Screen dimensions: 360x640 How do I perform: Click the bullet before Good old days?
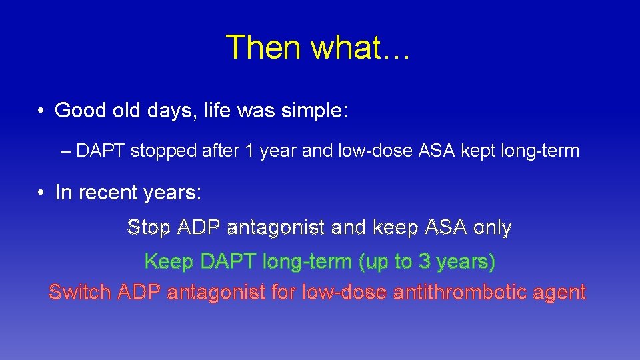[x=41, y=111]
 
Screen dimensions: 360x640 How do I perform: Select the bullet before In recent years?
[x=41, y=193]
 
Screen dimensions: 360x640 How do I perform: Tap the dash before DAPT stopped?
[x=65, y=151]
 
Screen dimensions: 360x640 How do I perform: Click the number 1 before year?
[x=249, y=151]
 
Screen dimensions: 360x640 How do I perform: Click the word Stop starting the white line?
[x=149, y=228]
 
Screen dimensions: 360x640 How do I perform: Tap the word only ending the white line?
[x=491, y=228]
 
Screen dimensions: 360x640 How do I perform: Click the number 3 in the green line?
[x=424, y=262]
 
